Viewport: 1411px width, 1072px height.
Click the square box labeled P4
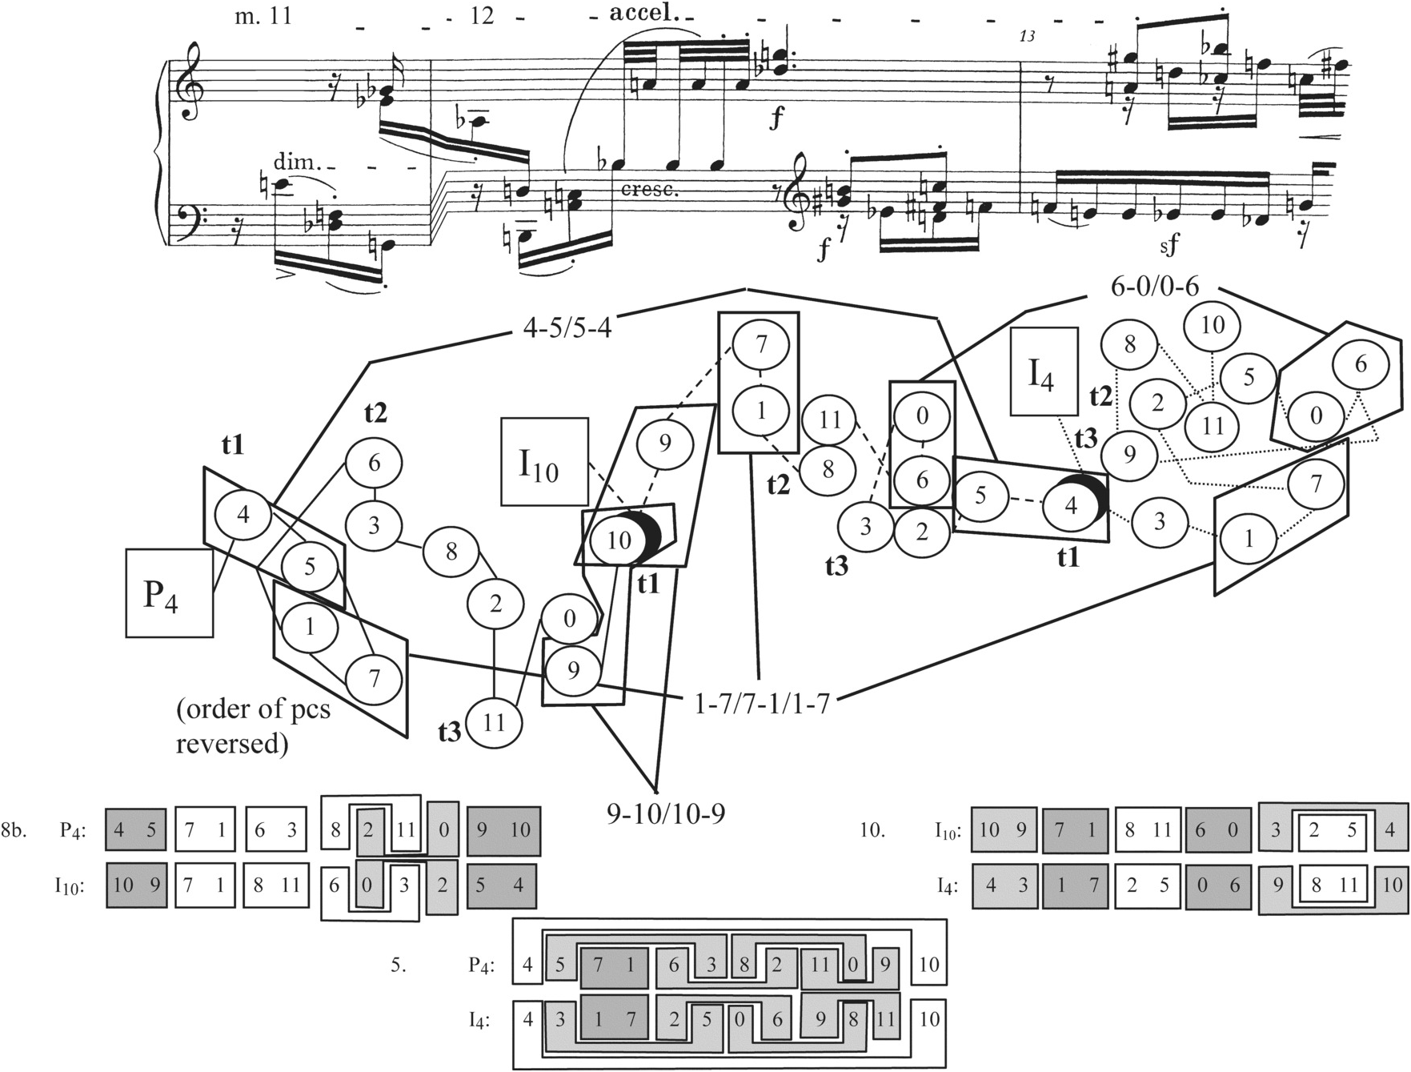[169, 592]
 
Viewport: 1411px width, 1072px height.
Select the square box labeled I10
[544, 462]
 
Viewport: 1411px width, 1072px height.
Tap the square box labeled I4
[1044, 371]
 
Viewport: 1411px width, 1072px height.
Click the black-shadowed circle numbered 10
[619, 540]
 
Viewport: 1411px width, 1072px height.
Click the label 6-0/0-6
[1154, 287]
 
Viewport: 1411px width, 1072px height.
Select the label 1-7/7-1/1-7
[759, 704]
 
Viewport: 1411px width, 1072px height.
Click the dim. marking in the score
[296, 162]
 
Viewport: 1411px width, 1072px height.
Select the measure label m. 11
[263, 15]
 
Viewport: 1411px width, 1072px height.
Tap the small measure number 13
[1028, 36]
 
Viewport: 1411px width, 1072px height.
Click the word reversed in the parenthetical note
[231, 744]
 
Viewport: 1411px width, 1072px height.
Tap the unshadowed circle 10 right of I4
[1213, 325]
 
